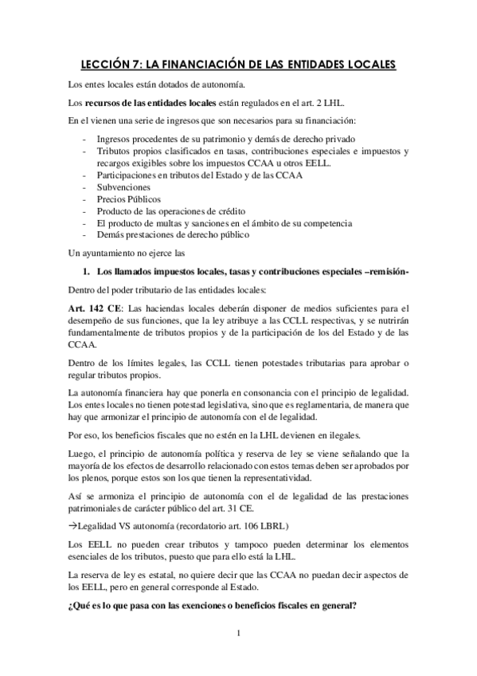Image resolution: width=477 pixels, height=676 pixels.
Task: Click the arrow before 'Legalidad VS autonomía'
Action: (x=72, y=505)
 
